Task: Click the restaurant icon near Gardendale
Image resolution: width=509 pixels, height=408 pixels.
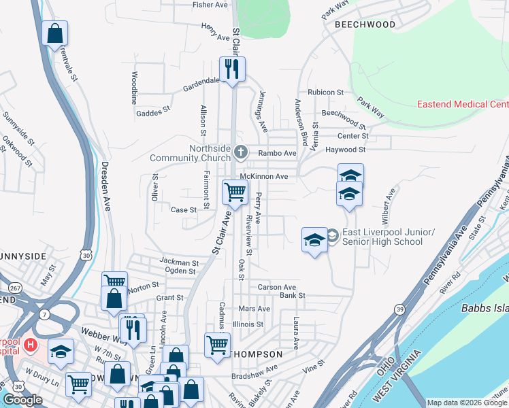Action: [x=231, y=69]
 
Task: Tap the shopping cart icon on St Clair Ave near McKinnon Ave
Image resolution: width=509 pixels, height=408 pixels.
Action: [x=235, y=192]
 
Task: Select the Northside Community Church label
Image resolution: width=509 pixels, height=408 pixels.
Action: [x=190, y=154]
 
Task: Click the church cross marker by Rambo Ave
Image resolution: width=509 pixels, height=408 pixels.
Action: [x=240, y=151]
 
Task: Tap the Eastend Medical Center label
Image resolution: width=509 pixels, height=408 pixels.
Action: [x=462, y=104]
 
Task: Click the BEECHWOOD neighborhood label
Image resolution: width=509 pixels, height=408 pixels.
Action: [x=365, y=24]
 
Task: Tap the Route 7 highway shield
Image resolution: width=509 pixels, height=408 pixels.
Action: [x=45, y=314]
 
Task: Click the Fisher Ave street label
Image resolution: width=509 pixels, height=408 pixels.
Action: [x=210, y=5]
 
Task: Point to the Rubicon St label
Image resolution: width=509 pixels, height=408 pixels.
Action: [x=325, y=92]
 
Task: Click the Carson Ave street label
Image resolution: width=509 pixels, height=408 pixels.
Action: [x=277, y=288]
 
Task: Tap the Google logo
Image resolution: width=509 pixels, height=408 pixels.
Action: [x=22, y=401]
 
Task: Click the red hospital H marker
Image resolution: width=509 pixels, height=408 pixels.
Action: [x=30, y=345]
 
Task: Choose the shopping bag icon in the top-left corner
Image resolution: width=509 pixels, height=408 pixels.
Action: [x=54, y=33]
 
